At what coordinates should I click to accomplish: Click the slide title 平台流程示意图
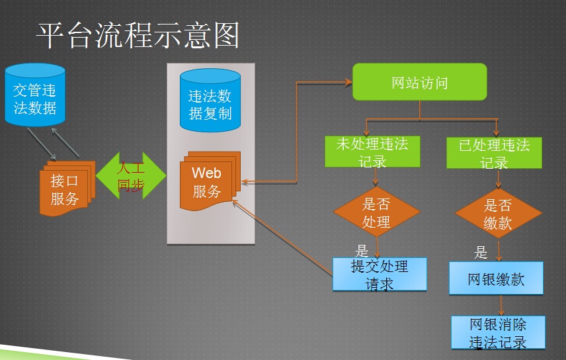pyautogui.click(x=138, y=36)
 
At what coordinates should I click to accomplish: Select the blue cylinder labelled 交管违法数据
pyautogui.click(x=35, y=95)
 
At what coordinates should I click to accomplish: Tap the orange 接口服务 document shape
pyautogui.click(x=67, y=189)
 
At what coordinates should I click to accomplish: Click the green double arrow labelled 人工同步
pyautogui.click(x=131, y=175)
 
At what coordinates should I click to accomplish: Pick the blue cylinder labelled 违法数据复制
pyautogui.click(x=210, y=101)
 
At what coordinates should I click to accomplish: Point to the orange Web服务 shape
pyautogui.click(x=210, y=181)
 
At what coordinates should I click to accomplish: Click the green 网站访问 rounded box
pyautogui.click(x=420, y=82)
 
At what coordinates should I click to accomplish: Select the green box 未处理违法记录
pyautogui.click(x=372, y=152)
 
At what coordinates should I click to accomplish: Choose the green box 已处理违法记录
pyautogui.click(x=494, y=152)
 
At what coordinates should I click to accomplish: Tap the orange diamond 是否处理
pyautogui.click(x=376, y=212)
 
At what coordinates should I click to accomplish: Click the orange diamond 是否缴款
pyautogui.click(x=498, y=213)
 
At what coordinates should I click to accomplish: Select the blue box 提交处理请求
pyautogui.click(x=380, y=275)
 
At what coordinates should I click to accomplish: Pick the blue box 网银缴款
pyautogui.click(x=496, y=279)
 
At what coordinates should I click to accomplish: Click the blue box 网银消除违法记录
pyautogui.click(x=498, y=332)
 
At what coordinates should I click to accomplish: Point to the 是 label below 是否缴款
pyautogui.click(x=481, y=252)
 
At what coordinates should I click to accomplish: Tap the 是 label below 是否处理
pyautogui.click(x=361, y=250)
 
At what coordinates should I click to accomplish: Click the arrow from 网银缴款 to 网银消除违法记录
pyautogui.click(x=501, y=306)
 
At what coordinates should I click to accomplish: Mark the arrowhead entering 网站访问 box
pyautogui.click(x=348, y=83)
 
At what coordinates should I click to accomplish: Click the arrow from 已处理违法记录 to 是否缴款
pyautogui.click(x=499, y=179)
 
